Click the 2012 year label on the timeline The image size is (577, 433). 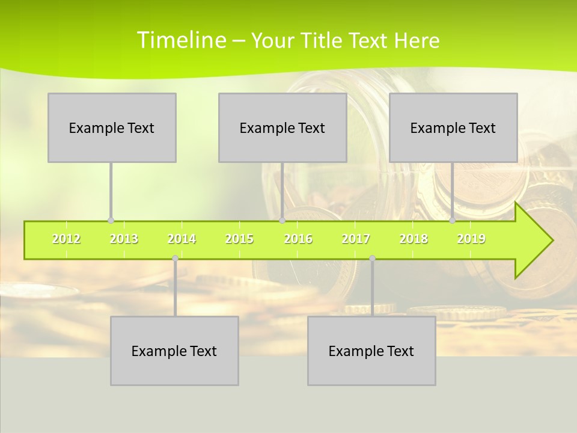(66, 239)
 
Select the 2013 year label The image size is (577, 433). (124, 239)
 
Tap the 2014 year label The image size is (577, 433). (182, 239)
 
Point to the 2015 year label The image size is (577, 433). (239, 239)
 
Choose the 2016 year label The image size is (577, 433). (298, 239)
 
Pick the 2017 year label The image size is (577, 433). (356, 239)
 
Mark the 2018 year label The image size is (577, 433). (414, 239)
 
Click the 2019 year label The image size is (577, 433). (471, 239)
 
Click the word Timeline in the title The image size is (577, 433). (180, 40)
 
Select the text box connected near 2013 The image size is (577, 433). (112, 127)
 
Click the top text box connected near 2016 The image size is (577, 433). (282, 127)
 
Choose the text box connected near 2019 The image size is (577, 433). (453, 127)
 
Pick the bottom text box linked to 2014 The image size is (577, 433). (174, 351)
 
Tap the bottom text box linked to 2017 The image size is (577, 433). (371, 351)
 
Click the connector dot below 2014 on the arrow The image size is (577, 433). (175, 259)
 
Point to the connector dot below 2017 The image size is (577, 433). (372, 259)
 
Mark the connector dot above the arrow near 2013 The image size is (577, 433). (111, 221)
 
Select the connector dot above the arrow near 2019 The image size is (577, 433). (453, 221)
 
